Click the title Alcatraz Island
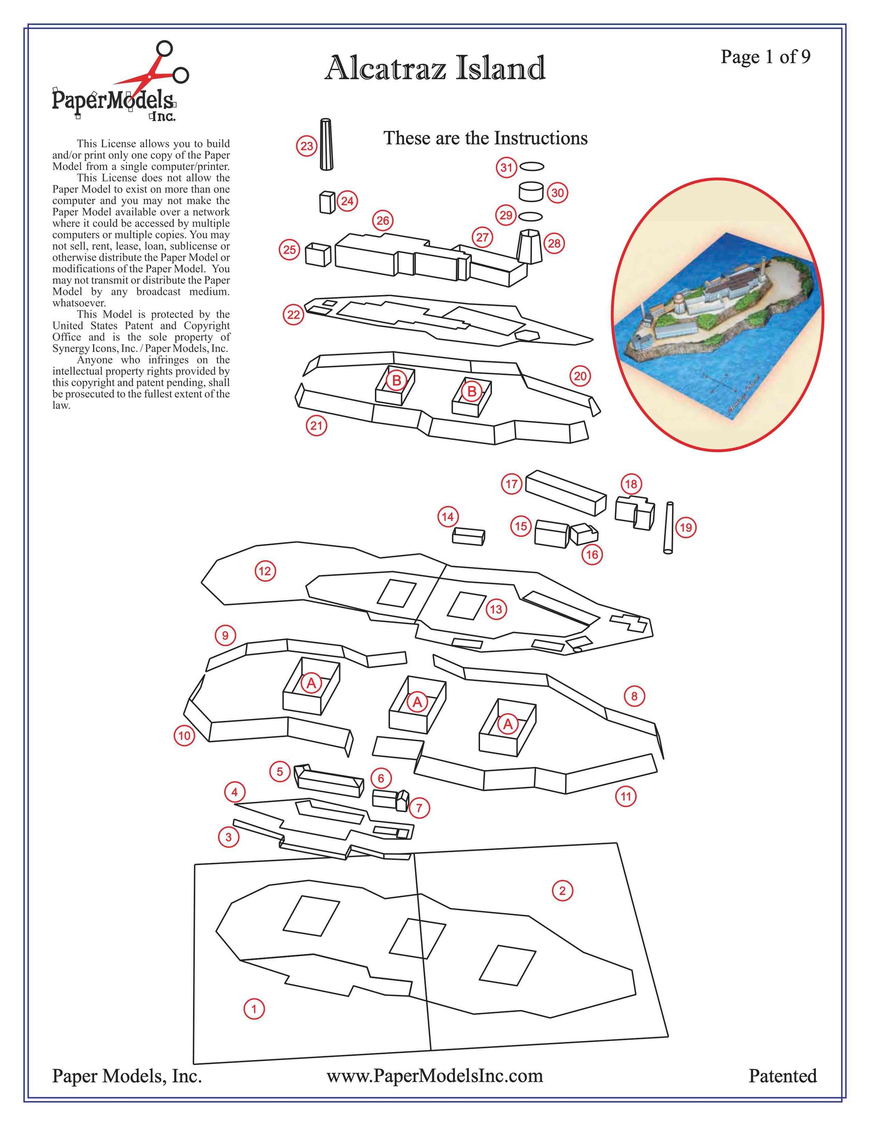[x=435, y=68]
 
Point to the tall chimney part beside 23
[x=326, y=144]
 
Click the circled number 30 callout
[x=557, y=193]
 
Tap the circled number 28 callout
[x=554, y=243]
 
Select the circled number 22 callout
[x=293, y=315]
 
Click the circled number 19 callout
[x=686, y=527]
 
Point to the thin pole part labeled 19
[x=669, y=527]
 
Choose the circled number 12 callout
[x=265, y=571]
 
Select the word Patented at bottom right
[x=782, y=1076]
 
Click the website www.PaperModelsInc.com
[x=435, y=1076]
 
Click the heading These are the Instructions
[x=485, y=138]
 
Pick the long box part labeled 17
[x=565, y=493]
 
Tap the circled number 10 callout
[x=184, y=736]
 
